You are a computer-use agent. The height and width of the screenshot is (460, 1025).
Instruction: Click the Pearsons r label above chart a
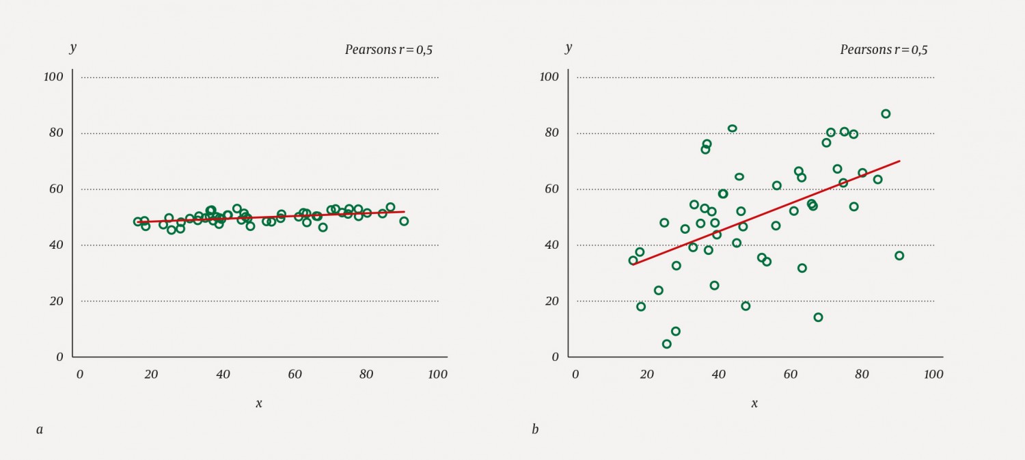(x=388, y=50)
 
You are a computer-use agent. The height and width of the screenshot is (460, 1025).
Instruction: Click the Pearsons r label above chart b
(x=884, y=50)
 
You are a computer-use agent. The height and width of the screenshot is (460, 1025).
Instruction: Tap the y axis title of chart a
(x=73, y=48)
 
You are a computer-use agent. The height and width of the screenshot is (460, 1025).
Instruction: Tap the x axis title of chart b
(x=754, y=403)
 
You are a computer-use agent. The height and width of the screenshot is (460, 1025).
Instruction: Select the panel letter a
(x=40, y=429)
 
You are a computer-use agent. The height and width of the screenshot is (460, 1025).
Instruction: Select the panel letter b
(x=535, y=429)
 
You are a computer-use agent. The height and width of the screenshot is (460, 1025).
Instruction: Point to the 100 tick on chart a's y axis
(x=53, y=77)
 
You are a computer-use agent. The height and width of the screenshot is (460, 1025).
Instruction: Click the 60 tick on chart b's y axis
(x=549, y=189)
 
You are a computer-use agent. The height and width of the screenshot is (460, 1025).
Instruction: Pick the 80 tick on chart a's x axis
(x=366, y=375)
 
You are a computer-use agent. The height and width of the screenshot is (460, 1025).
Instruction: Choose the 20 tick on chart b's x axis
(x=646, y=375)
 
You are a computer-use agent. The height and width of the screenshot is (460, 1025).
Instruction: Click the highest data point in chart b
(x=886, y=113)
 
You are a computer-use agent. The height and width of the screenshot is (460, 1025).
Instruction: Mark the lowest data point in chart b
(x=667, y=344)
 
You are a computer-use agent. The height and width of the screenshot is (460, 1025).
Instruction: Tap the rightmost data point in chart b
(x=899, y=256)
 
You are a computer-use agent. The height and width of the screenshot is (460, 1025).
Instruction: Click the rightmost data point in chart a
(x=404, y=221)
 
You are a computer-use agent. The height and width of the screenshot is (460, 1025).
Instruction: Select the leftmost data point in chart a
(x=138, y=221)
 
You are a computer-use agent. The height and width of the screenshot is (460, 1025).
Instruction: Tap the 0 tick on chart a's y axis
(x=59, y=357)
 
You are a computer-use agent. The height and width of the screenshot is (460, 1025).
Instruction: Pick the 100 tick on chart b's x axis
(x=933, y=375)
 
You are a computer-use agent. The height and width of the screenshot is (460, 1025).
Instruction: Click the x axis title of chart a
(x=259, y=403)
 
